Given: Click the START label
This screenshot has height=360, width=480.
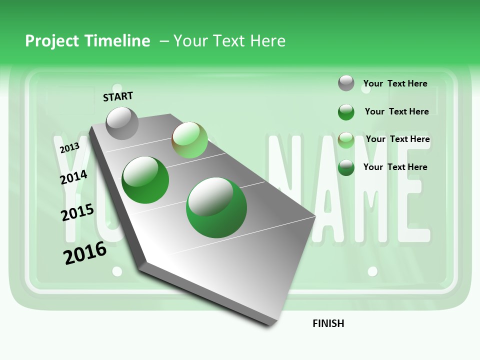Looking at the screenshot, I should click(118, 96).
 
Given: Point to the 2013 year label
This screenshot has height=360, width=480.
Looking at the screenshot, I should click(69, 147).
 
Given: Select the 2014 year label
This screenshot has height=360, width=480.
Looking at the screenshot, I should click(73, 177).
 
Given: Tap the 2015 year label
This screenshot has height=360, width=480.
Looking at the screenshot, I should click(77, 212).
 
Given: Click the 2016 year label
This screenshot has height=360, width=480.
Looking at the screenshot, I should click(85, 252).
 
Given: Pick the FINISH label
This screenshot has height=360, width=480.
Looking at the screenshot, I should click(328, 323).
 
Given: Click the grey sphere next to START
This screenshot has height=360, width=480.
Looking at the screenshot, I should click(122, 123).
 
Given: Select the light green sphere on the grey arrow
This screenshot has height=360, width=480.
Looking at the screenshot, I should click(189, 140).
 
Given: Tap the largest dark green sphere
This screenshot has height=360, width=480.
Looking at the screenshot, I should click(216, 207).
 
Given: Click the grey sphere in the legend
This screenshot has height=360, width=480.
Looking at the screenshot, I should click(346, 83).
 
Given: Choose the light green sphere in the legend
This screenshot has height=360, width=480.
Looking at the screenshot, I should click(346, 139).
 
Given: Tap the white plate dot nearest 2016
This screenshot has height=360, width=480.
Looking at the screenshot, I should click(117, 271).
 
